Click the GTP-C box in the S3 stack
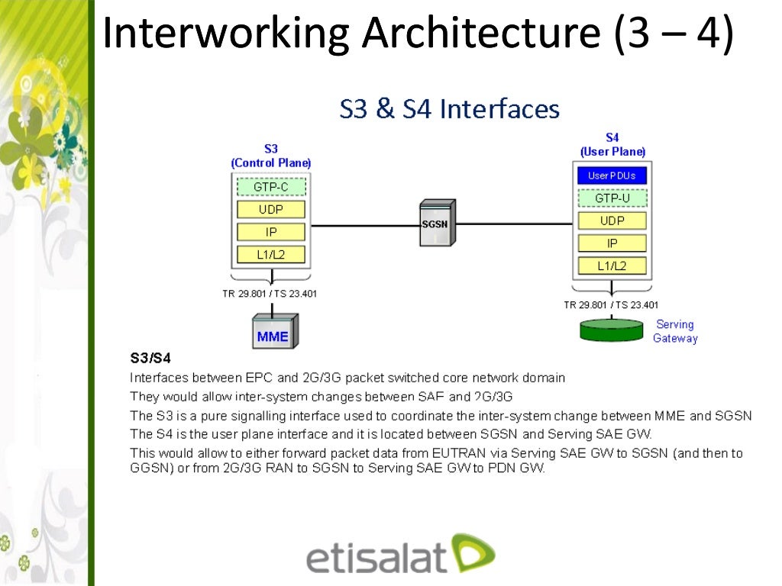271,187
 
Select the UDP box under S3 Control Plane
271,209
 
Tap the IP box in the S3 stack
271,232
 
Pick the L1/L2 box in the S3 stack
271,255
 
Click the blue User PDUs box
612,175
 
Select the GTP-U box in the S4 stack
612,198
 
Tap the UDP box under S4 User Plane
612,221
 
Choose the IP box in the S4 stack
612,243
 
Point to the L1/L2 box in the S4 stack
612,266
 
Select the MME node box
274,330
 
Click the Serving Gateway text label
675,331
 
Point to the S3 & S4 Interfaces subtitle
449,109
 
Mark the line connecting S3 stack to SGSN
365,225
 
